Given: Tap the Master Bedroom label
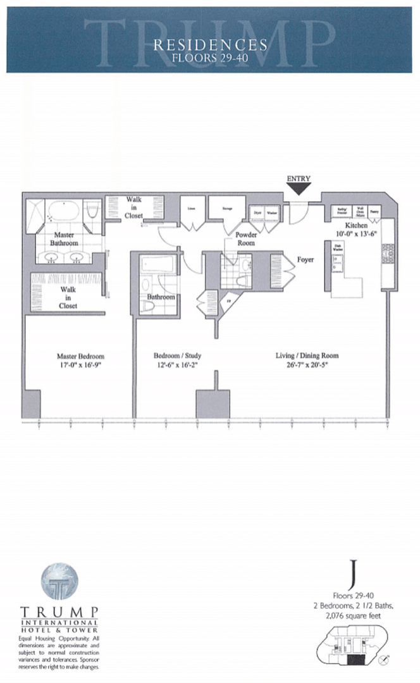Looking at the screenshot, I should click(80, 355).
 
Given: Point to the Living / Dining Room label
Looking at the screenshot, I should click(302, 355).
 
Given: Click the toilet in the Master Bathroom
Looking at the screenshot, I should click(94, 209).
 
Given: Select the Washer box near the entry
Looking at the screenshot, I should click(273, 214).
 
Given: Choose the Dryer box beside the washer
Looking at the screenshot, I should click(258, 214).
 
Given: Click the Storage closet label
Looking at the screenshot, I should click(223, 208).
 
